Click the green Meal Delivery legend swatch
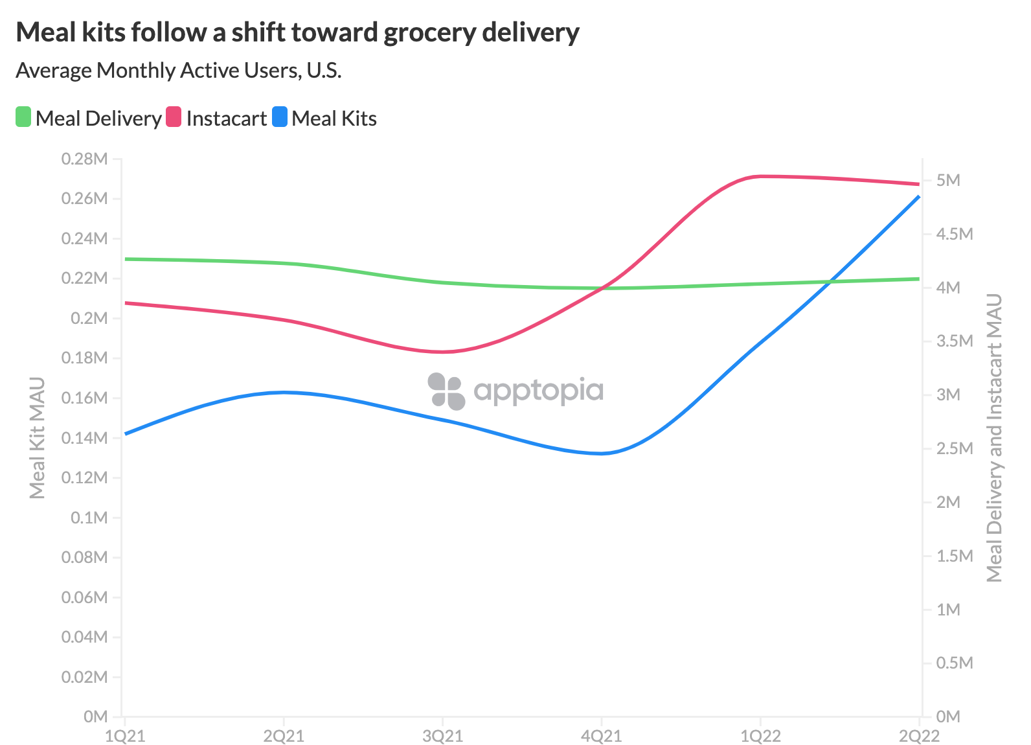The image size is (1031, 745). pos(23,117)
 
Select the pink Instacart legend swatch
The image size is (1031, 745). pos(174,117)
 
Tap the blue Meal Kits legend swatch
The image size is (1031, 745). pos(280,117)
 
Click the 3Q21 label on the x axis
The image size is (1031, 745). pos(442,736)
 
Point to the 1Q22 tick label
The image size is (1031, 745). pos(760,736)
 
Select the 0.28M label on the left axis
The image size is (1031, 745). pos(84,159)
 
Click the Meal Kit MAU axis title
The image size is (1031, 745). pos(37,438)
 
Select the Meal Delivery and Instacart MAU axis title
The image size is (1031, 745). pos(994,438)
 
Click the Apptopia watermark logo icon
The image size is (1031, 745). pos(446,391)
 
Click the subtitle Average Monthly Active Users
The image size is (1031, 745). pos(178,70)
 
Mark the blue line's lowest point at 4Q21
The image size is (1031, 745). pos(602,453)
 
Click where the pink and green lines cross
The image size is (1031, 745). pos(604,288)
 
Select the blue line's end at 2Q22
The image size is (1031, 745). pos(918,196)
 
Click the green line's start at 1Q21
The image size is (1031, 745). pos(126,259)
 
